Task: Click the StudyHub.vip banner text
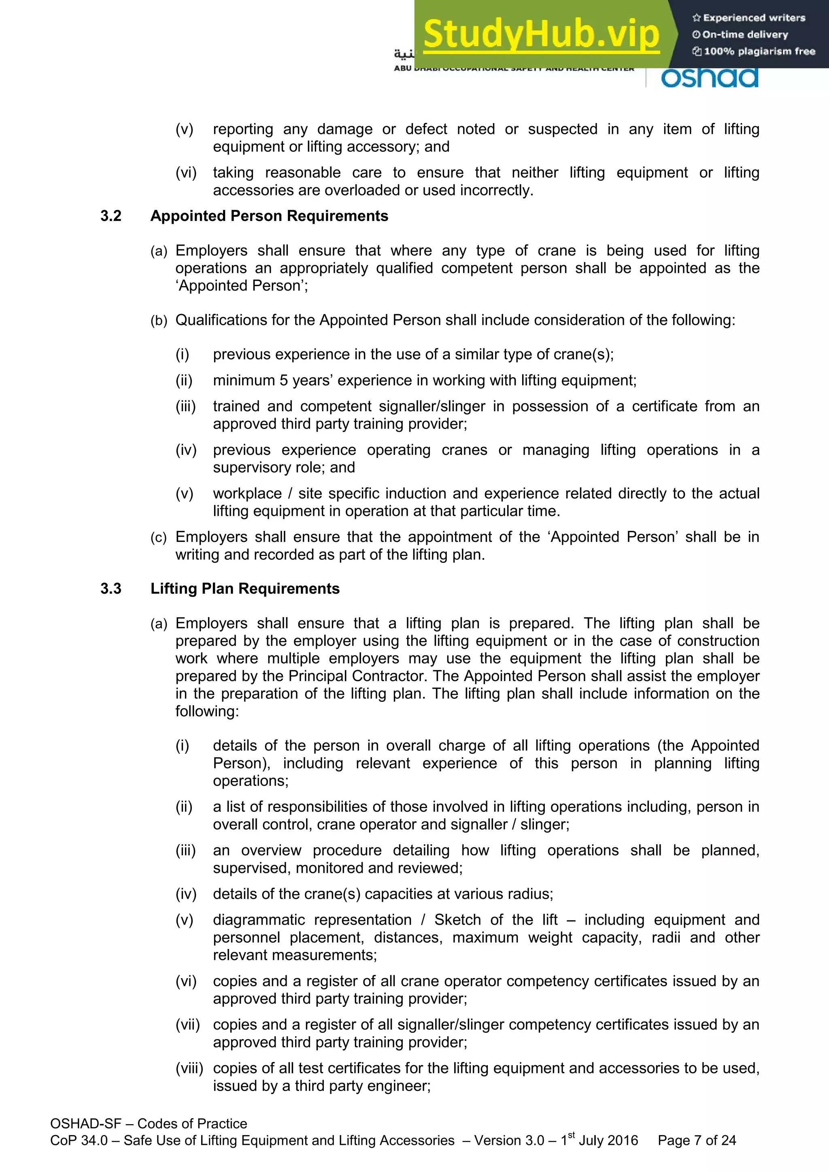(x=541, y=34)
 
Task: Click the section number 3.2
(x=111, y=216)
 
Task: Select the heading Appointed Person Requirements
(x=269, y=216)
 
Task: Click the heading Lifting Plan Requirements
(x=244, y=588)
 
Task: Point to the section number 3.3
(x=111, y=588)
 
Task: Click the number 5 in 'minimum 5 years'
(x=283, y=380)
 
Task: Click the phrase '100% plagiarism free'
(x=759, y=51)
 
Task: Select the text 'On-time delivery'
(x=745, y=35)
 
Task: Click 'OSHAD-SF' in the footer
(x=85, y=1123)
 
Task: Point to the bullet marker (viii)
(x=189, y=1068)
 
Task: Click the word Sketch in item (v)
(x=457, y=920)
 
